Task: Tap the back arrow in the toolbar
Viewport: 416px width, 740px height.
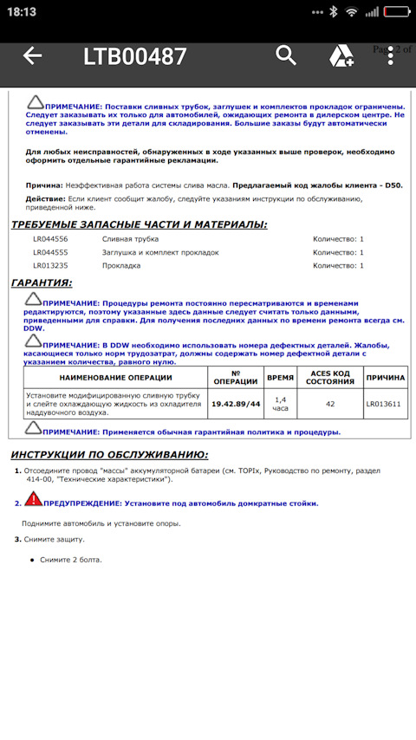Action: [x=32, y=56]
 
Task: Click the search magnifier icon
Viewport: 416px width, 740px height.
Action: [x=286, y=55]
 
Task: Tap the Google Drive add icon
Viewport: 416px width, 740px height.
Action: [x=341, y=56]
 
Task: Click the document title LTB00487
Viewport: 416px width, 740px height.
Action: [x=134, y=57]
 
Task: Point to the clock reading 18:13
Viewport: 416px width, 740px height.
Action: [x=22, y=12]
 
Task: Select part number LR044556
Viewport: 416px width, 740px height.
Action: [x=50, y=238]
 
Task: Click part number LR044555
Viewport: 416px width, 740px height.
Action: [x=50, y=252]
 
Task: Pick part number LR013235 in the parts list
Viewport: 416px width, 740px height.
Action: [x=50, y=266]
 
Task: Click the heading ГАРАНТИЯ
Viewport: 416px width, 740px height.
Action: [x=42, y=282]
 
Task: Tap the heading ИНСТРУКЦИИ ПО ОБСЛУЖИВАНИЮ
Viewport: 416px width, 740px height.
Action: [x=108, y=454]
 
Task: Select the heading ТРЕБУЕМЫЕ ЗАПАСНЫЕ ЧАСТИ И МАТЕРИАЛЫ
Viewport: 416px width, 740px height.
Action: [x=139, y=224]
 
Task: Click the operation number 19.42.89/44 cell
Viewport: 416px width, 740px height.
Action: [x=235, y=404]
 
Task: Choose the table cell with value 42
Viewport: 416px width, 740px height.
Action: [x=329, y=404]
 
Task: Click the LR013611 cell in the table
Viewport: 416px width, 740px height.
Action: [x=383, y=404]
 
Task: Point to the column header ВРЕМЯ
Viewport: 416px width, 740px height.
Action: [x=280, y=378]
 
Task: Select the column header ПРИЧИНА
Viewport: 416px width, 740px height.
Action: [x=384, y=378]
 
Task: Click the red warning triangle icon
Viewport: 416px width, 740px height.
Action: [x=32, y=499]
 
